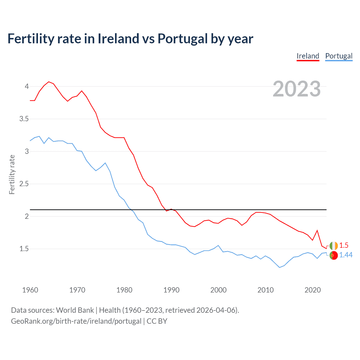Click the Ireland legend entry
tap(308, 56)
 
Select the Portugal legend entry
tap(339, 56)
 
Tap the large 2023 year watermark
tap(297, 89)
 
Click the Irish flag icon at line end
tap(334, 246)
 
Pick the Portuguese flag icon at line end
tap(334, 255)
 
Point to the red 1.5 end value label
tap(344, 246)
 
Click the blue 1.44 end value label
tap(346, 255)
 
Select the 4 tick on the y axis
tap(27, 86)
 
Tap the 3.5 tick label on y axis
tap(24, 119)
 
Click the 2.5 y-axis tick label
tap(24, 184)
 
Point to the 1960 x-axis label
tap(30, 290)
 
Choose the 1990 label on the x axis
tap(171, 290)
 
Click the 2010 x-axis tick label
tap(265, 290)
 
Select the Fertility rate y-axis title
tap(12, 174)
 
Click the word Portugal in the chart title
tap(182, 39)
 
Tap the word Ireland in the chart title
tap(118, 39)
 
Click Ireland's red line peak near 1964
tap(49, 82)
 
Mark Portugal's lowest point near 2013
tap(280, 267)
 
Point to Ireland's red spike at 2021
tap(317, 231)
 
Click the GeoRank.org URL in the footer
tap(76, 321)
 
